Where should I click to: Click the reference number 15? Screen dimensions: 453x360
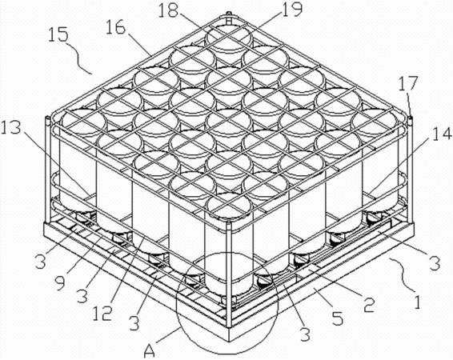pos(58,34)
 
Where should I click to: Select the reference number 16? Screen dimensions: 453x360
pos(115,29)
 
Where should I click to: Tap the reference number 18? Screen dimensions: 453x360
pos(169,11)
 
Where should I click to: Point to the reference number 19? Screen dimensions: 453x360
pos(292,9)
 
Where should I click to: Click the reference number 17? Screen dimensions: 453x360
pos(408,83)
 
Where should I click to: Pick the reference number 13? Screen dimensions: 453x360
pos(10,129)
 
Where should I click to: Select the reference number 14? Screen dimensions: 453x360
pos(442,134)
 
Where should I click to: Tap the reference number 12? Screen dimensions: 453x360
pos(102,314)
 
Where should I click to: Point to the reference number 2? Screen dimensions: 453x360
pos(369,306)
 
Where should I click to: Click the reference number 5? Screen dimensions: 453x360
pos(337,318)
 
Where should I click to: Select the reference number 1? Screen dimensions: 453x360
pos(416,302)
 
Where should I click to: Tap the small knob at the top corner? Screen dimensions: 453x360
pos(229,14)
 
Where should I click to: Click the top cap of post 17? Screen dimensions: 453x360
pos(409,118)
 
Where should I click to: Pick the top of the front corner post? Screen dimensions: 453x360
pos(229,222)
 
